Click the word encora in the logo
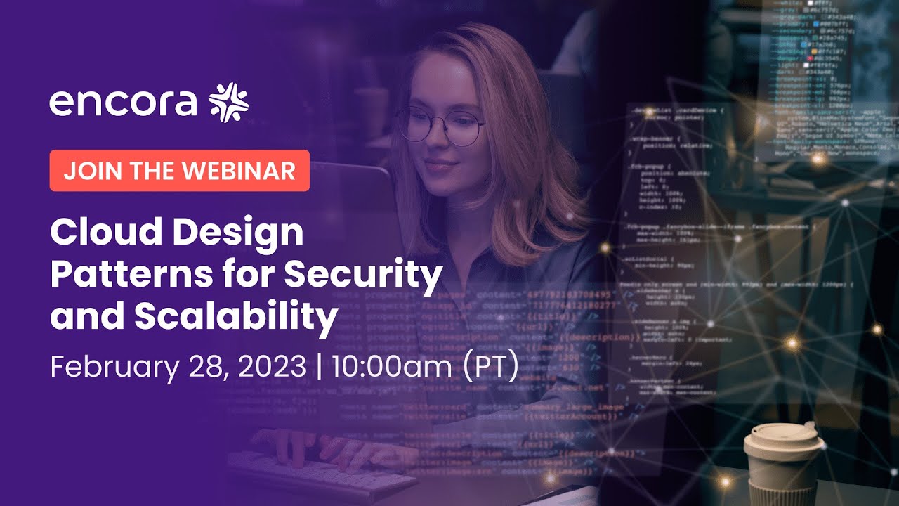[x=123, y=103]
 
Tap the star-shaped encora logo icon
[x=229, y=102]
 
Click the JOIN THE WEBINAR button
[x=179, y=171]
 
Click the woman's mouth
[x=441, y=167]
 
